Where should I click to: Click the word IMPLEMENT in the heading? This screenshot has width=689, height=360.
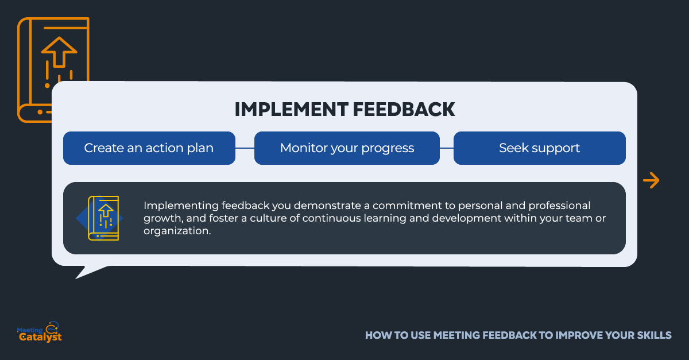[x=292, y=110]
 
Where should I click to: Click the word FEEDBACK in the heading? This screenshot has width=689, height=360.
[x=404, y=110]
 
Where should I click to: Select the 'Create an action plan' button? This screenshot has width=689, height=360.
[x=149, y=148]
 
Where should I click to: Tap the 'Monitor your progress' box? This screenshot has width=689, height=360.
[x=347, y=148]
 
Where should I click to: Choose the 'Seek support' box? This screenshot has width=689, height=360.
[x=540, y=148]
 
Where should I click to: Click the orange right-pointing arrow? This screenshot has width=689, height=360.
[x=651, y=180]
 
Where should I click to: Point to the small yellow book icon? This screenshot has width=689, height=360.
[x=103, y=218]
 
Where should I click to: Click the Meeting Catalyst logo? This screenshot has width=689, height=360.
[x=40, y=332]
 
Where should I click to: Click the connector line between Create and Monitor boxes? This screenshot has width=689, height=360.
[x=245, y=148]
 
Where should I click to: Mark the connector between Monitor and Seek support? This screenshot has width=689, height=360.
[x=447, y=148]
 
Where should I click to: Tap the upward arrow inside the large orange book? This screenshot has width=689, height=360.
[x=59, y=52]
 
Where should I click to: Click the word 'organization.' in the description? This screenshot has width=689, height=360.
[x=177, y=231]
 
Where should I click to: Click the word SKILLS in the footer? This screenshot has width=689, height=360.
[x=654, y=335]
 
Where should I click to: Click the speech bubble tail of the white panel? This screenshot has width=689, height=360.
[x=89, y=272]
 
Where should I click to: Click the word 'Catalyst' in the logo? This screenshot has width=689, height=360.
[x=40, y=337]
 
